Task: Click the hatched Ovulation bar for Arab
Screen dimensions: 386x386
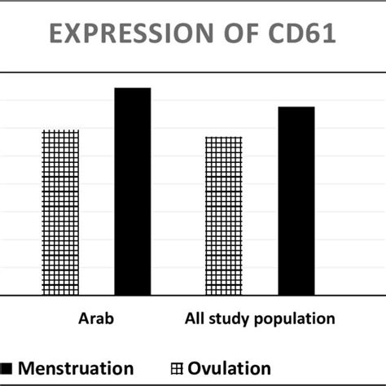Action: tap(60, 212)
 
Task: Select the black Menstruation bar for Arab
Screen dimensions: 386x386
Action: tap(132, 191)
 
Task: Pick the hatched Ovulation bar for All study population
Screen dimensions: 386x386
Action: tap(224, 215)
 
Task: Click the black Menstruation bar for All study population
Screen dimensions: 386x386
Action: tap(296, 200)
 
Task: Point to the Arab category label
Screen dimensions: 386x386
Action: tap(96, 318)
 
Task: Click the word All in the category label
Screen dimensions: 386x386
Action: tap(189, 318)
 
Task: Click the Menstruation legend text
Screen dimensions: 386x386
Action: tap(76, 368)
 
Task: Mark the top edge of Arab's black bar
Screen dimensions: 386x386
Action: tap(132, 88)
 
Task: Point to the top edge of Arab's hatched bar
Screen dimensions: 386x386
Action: tap(60, 130)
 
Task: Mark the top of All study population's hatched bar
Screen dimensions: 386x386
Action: tap(224, 137)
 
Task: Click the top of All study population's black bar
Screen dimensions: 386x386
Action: tap(296, 107)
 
